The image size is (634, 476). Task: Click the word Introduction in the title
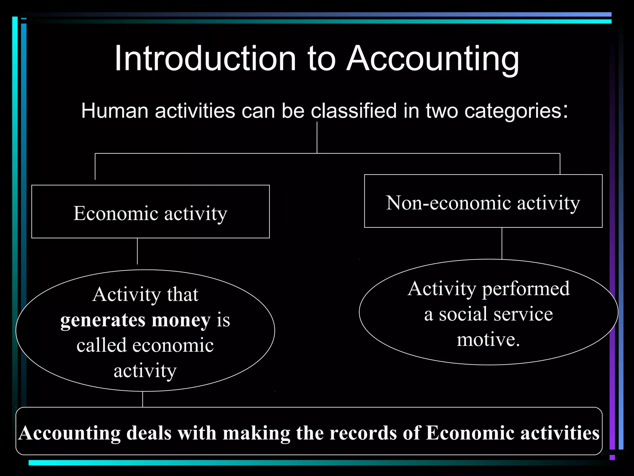pos(205,59)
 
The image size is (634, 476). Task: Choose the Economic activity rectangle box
pos(150,212)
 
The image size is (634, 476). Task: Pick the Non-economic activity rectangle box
pos(483,201)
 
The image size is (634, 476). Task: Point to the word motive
pos(488,339)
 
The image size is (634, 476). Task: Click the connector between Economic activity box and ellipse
pos(137,251)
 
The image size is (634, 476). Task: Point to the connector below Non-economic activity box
pos(502,243)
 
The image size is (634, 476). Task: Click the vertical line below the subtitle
pos(317,137)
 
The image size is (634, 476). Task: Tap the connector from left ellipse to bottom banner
pos(143,399)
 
